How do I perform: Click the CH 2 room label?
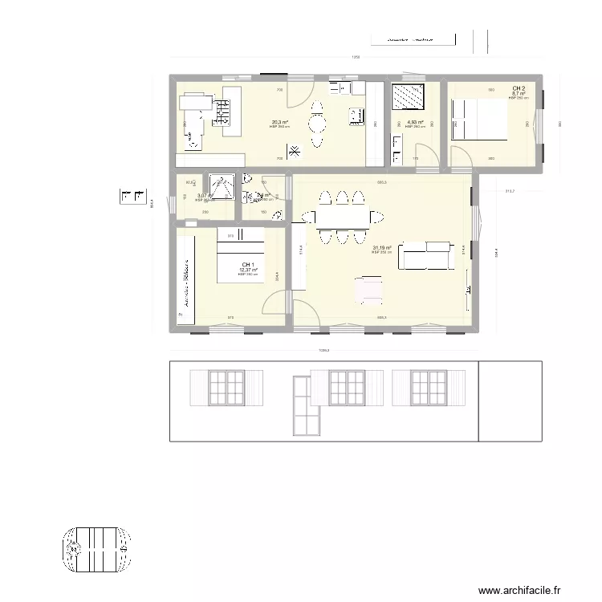click(519, 88)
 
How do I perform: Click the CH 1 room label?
click(248, 265)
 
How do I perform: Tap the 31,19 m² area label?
click(381, 248)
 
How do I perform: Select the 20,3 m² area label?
click(279, 123)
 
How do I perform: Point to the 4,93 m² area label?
click(413, 123)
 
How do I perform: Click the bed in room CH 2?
click(478, 120)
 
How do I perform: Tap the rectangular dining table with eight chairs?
click(343, 217)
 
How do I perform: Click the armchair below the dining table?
click(369, 289)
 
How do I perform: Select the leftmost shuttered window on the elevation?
click(226, 388)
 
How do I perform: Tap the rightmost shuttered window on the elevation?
click(429, 388)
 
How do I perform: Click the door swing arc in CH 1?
click(275, 301)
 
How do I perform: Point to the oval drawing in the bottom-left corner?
click(96, 549)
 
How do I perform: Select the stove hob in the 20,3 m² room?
click(221, 112)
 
